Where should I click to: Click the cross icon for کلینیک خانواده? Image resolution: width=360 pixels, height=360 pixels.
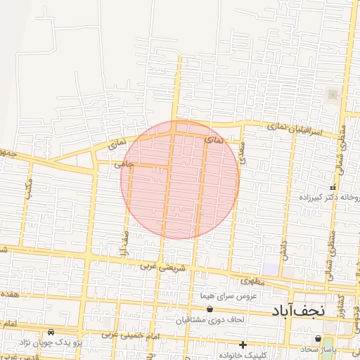pyautogui.click(x=243, y=345)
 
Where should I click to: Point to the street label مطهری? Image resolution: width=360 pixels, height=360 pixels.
pyautogui.click(x=254, y=281)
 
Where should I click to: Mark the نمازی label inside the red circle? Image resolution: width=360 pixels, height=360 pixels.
pyautogui.click(x=212, y=141)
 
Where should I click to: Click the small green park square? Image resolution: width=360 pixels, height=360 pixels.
pyautogui.click(x=332, y=94)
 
